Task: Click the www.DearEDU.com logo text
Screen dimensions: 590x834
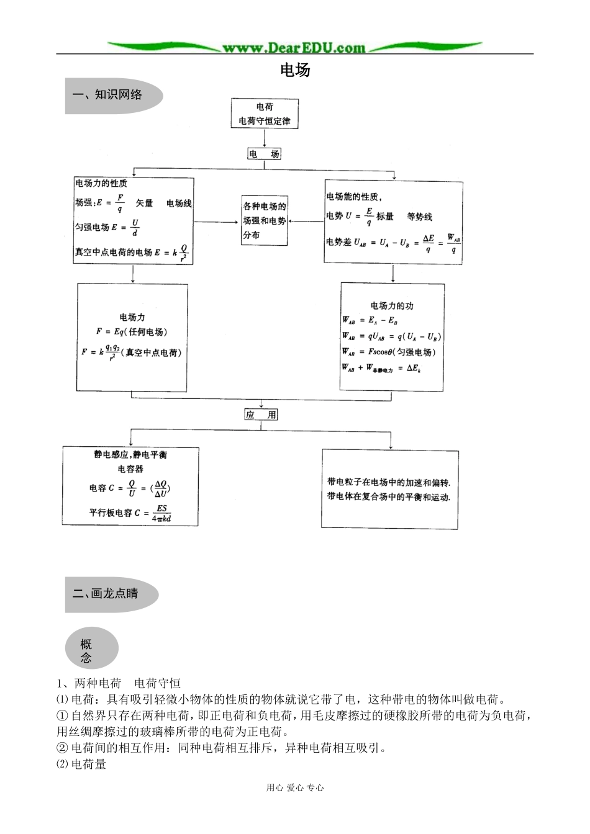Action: tap(294, 47)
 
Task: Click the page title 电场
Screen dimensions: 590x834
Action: tap(295, 70)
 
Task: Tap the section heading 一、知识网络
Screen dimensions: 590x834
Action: tap(107, 95)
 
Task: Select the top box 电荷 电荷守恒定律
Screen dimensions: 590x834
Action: tap(265, 114)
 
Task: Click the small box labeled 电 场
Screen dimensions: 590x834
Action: tap(264, 154)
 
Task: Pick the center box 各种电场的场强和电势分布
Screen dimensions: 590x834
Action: tap(265, 220)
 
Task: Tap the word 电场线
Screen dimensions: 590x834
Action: tap(179, 204)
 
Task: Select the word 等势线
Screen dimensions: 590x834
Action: tap(420, 217)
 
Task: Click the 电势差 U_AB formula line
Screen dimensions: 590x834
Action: tap(393, 243)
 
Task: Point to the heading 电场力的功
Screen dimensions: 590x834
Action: tap(392, 305)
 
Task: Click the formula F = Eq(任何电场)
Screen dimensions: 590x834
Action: tap(132, 332)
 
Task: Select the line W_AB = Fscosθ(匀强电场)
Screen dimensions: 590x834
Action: tap(389, 352)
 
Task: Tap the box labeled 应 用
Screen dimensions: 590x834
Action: tap(261, 415)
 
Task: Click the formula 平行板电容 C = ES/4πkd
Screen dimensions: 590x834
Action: tap(130, 513)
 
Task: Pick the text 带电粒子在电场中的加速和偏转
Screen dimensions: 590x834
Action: tap(389, 482)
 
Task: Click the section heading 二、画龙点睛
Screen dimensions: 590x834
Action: tap(106, 594)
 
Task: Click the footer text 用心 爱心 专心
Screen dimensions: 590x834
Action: tap(295, 787)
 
